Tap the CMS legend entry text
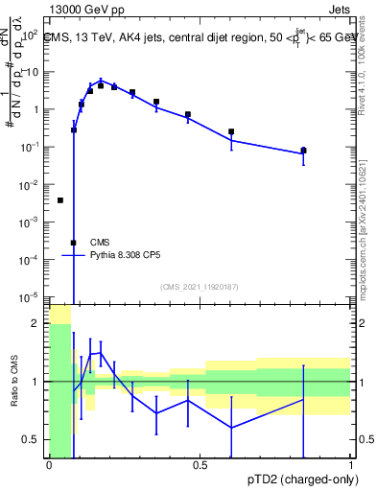100,243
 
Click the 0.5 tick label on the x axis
200,465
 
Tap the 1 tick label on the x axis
350,465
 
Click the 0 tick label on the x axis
49,465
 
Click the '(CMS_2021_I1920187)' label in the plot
200,286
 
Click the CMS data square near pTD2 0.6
231,132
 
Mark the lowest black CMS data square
73,243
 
